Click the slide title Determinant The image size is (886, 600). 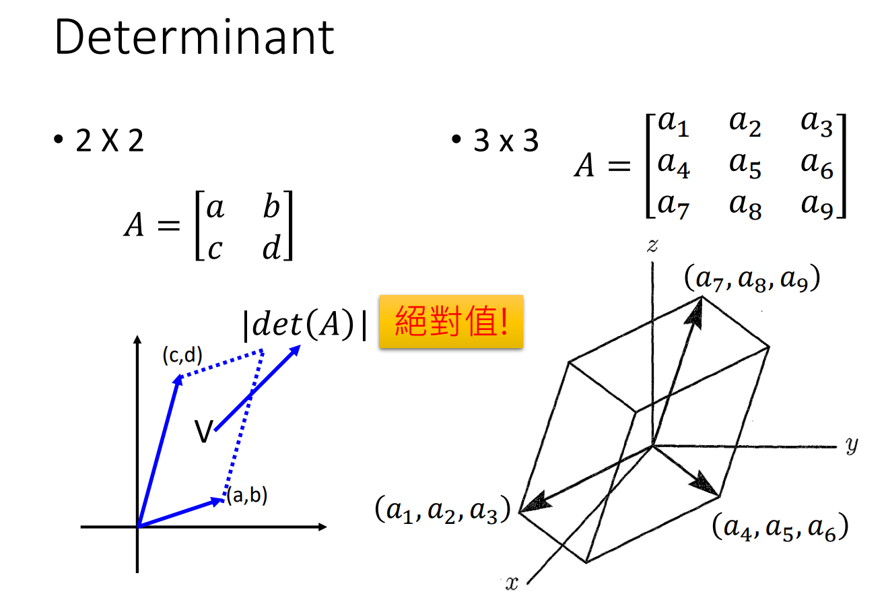coord(194,38)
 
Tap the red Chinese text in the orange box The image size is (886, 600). coord(450,321)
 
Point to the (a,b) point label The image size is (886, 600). coord(246,496)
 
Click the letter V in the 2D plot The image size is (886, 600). coord(203,431)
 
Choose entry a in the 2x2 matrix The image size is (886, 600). coord(215,208)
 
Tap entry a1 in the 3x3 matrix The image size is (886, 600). coord(673,125)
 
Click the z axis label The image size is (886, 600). coord(652,246)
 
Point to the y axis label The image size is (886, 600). coord(851,446)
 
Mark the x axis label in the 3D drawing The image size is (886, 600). coord(512,583)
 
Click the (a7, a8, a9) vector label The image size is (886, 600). coord(751,279)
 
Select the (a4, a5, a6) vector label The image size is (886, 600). coord(780,527)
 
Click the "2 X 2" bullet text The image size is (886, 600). coord(110,142)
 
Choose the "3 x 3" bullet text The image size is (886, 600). coord(506,141)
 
